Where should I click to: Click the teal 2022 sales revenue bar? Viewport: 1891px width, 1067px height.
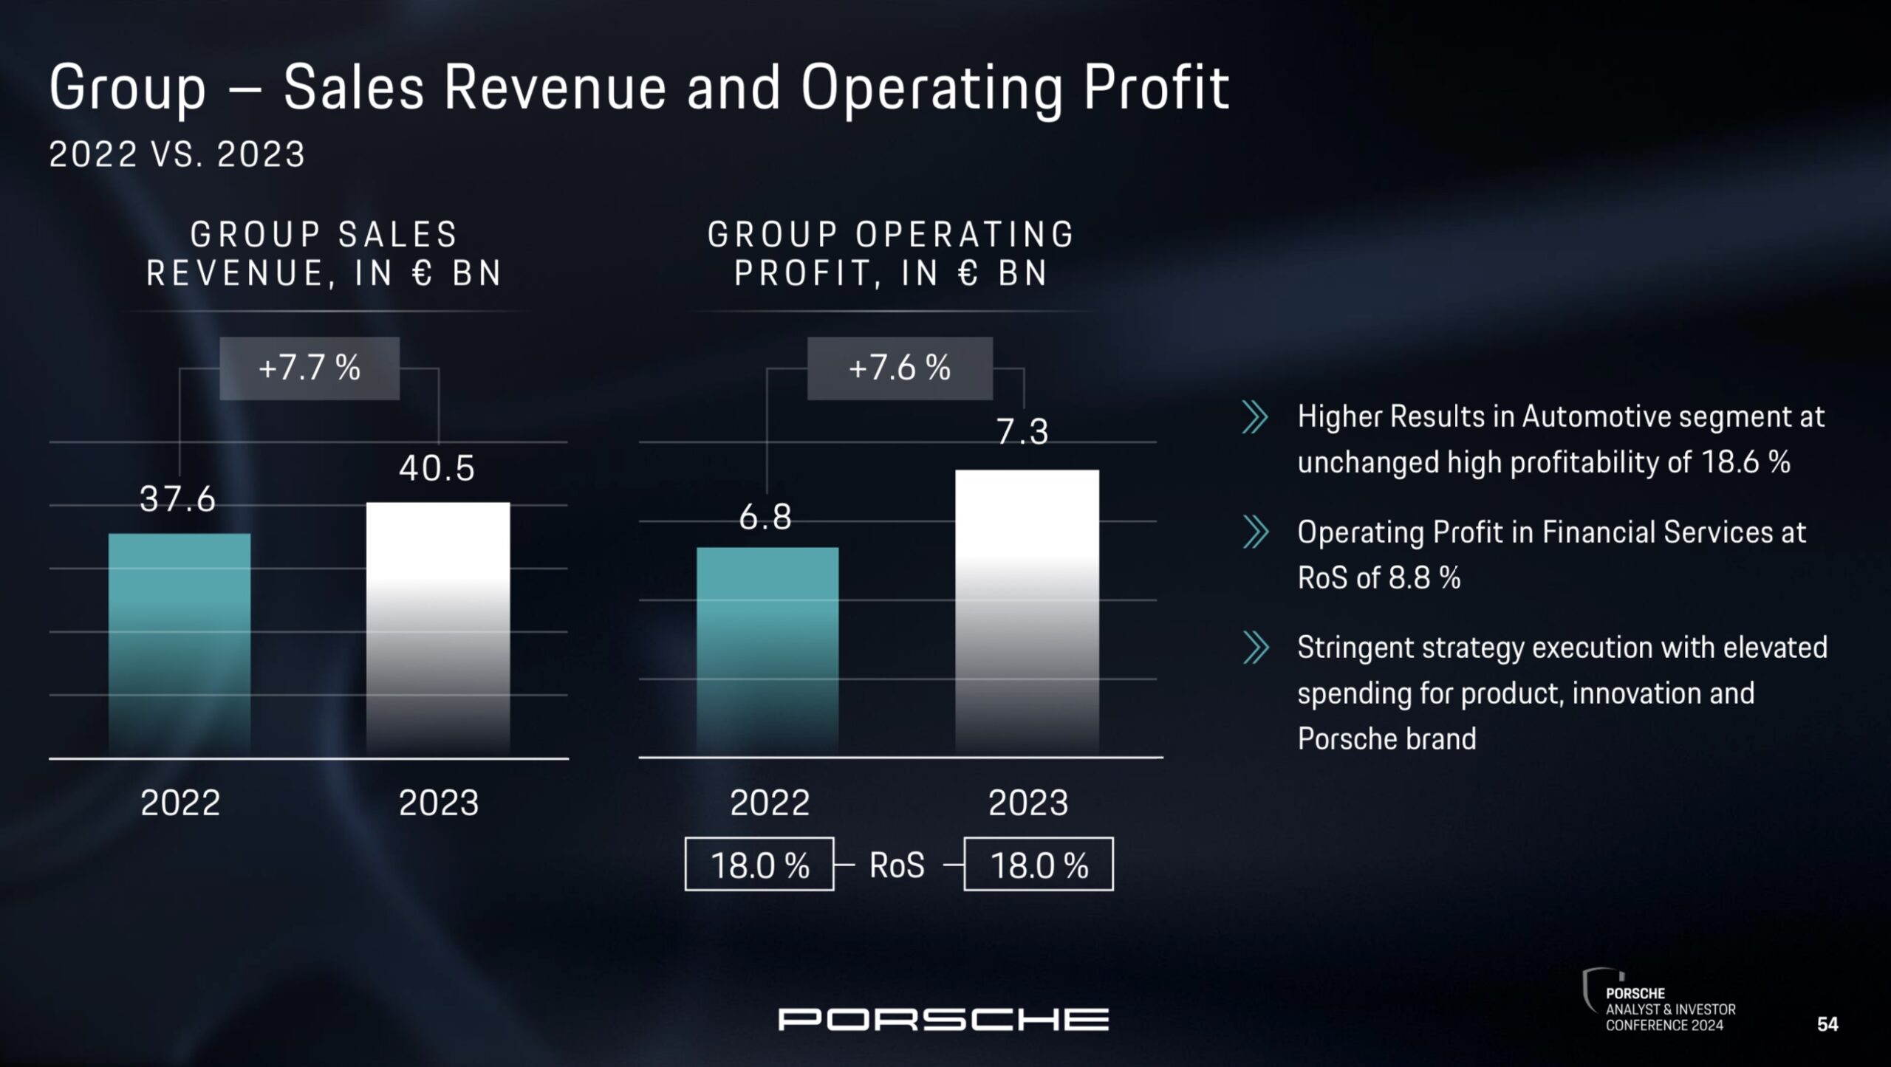(x=179, y=642)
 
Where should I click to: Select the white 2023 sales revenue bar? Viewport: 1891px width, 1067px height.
(x=438, y=628)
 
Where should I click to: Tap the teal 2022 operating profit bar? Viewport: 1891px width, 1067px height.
(x=767, y=650)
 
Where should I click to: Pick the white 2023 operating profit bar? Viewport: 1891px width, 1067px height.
(x=1027, y=613)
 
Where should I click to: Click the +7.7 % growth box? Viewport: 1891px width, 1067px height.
(x=310, y=368)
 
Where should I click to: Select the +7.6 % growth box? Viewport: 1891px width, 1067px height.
(x=900, y=368)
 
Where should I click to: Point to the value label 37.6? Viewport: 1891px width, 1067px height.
(x=177, y=500)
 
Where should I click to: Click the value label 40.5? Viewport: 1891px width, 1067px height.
(x=437, y=468)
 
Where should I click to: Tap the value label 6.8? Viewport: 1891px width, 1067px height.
(x=765, y=517)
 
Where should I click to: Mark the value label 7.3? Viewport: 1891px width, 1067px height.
(x=1022, y=432)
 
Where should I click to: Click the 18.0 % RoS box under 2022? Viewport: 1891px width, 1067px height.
(x=759, y=865)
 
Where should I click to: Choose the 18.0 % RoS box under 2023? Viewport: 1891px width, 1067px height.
(x=1039, y=865)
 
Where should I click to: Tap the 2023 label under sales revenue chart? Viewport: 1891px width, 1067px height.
(x=439, y=803)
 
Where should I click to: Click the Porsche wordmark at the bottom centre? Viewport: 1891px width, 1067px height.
(x=943, y=1020)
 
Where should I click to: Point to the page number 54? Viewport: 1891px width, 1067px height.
(x=1827, y=1024)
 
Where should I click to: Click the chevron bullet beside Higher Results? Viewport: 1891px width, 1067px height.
(x=1255, y=417)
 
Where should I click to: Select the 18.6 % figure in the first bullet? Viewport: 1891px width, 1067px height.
(x=1745, y=463)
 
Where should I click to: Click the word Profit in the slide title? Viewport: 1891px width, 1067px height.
(x=1156, y=89)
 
